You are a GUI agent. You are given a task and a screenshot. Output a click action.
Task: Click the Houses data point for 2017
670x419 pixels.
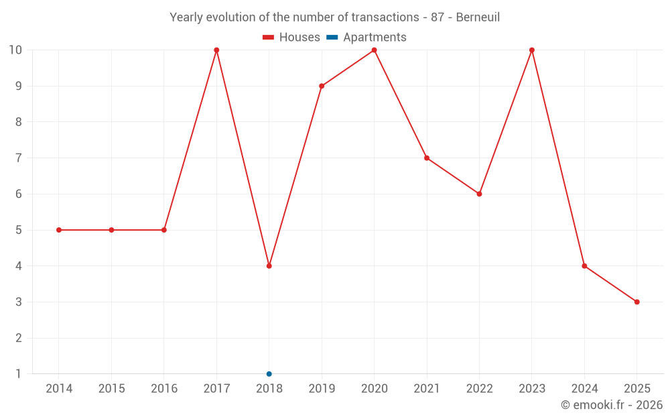pyautogui.click(x=216, y=50)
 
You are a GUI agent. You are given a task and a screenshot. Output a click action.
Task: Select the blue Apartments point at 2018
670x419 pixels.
pyautogui.click(x=269, y=374)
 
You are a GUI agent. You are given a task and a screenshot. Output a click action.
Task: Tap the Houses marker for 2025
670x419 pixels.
pyautogui.click(x=636, y=302)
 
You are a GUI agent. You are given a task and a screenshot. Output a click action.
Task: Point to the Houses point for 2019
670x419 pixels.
pyautogui.click(x=322, y=86)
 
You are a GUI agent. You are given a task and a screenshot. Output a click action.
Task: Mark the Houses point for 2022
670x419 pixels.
pyautogui.click(x=479, y=194)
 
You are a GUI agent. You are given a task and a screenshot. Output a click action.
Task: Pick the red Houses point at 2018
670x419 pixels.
pyautogui.click(x=269, y=266)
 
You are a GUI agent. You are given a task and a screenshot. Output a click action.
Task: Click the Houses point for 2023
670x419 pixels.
pyautogui.click(x=532, y=50)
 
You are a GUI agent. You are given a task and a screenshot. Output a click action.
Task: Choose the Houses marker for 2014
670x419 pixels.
pyautogui.click(x=59, y=230)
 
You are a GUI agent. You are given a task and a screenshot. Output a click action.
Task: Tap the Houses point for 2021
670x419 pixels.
pyautogui.click(x=427, y=158)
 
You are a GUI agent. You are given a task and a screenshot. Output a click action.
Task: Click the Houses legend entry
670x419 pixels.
pyautogui.click(x=291, y=38)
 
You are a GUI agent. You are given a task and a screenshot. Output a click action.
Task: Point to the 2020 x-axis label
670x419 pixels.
pyautogui.click(x=374, y=389)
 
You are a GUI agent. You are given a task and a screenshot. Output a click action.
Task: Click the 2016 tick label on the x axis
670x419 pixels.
pyautogui.click(x=164, y=389)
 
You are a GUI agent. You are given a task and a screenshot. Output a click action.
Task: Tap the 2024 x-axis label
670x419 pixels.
pyautogui.click(x=584, y=389)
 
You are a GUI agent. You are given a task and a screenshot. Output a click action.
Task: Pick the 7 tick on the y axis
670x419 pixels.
pyautogui.click(x=17, y=158)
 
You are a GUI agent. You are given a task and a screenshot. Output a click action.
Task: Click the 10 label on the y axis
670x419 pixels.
pyautogui.click(x=15, y=50)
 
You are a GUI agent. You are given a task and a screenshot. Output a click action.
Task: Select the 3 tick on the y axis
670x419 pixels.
pyautogui.click(x=17, y=302)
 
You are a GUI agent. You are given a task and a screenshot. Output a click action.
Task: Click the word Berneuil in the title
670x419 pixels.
pyautogui.click(x=478, y=17)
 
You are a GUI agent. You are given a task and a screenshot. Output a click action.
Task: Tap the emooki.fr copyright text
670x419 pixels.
pyautogui.click(x=612, y=405)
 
